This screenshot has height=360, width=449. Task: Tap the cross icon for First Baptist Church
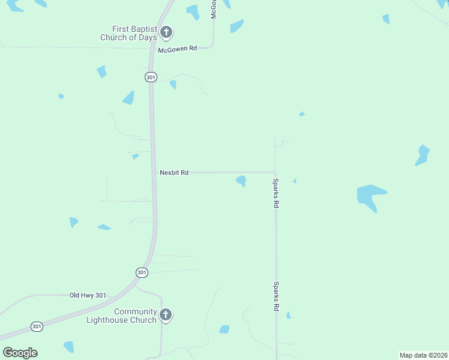(x=166, y=32)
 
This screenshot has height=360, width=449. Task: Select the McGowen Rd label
(x=177, y=49)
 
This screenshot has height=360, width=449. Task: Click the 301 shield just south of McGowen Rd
(x=151, y=77)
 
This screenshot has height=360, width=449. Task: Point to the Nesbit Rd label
(x=174, y=173)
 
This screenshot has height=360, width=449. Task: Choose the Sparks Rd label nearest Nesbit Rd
(x=276, y=193)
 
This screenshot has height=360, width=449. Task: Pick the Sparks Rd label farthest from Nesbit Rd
(x=277, y=296)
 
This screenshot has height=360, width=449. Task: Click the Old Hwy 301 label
(x=88, y=295)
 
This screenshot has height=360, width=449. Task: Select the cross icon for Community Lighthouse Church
(x=166, y=315)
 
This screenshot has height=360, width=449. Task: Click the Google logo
(x=20, y=353)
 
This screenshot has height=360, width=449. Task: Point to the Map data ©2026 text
(x=423, y=355)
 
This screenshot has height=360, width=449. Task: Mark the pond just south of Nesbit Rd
(x=241, y=181)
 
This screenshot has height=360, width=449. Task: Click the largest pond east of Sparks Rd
(x=369, y=196)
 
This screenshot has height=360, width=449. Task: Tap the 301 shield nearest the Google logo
(x=37, y=326)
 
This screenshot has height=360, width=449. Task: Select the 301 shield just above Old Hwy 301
(x=141, y=272)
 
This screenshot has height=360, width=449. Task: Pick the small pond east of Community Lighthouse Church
(x=224, y=329)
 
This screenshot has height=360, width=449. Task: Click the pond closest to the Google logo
(x=68, y=347)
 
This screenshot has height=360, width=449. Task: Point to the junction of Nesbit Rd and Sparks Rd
(x=275, y=173)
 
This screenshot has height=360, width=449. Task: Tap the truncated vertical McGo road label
(x=213, y=9)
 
